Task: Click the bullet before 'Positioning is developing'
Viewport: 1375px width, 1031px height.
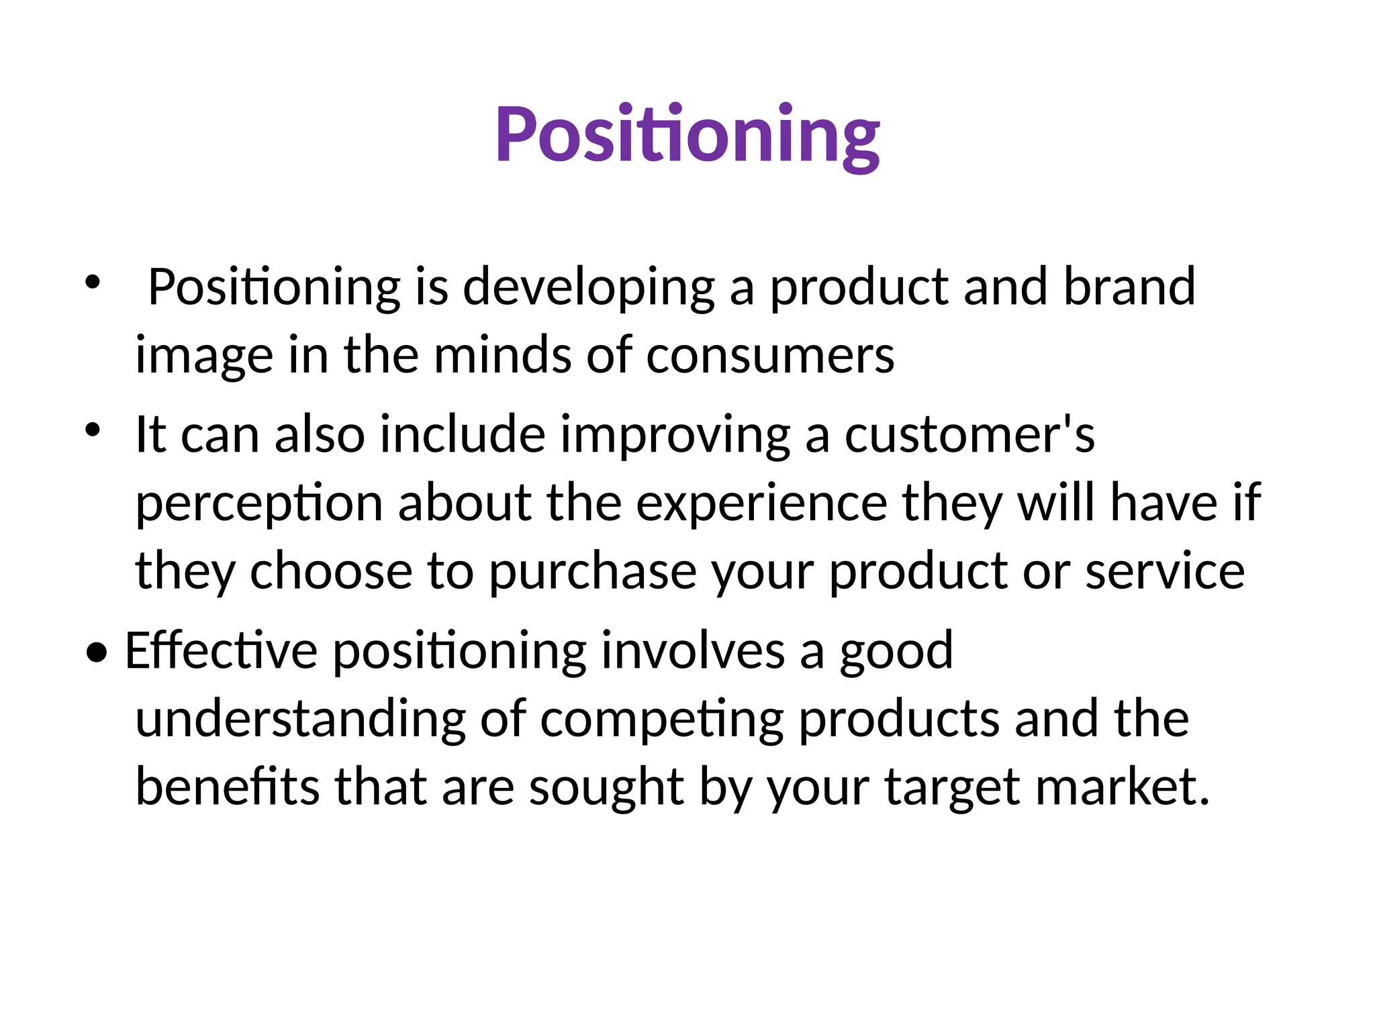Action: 92,281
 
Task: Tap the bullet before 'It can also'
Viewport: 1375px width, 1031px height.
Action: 92,429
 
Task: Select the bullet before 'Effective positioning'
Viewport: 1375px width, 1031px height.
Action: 97,652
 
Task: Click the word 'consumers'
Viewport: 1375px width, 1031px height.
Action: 770,356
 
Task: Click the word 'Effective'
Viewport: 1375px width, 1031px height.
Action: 221,651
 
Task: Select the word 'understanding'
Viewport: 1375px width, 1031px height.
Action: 300,720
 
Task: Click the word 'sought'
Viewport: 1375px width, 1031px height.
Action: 606,788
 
